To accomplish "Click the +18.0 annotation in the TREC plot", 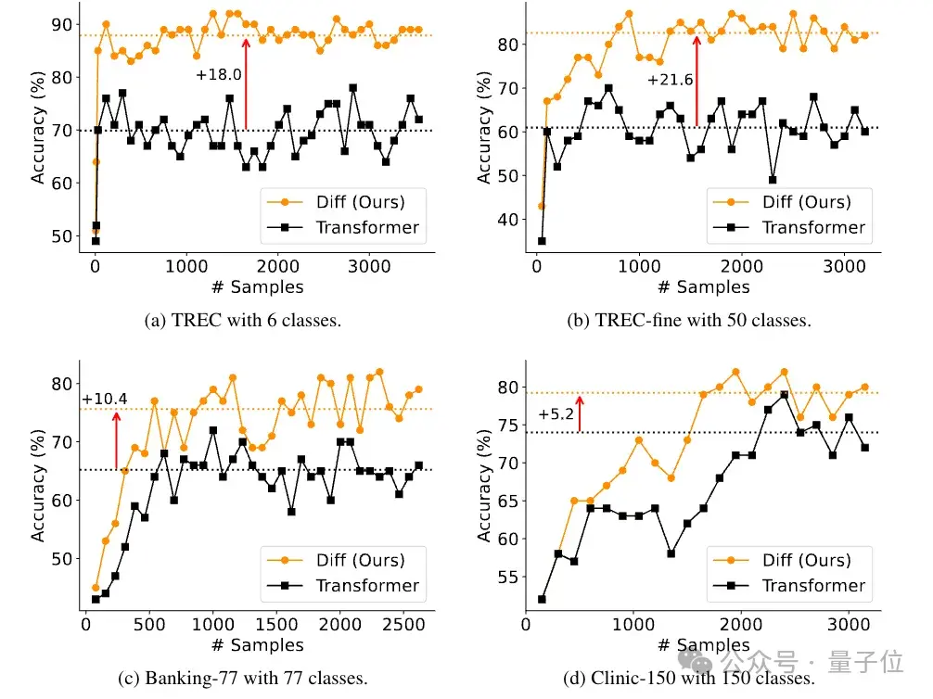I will (x=219, y=74).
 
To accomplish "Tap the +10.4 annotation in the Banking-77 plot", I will (x=104, y=400).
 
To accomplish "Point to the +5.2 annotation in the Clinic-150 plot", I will (x=556, y=415).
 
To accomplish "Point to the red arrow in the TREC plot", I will (x=246, y=83).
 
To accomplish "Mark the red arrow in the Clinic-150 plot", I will (x=580, y=413).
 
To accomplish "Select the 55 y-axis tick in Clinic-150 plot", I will (x=507, y=578).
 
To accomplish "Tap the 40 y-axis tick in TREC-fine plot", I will (x=507, y=220).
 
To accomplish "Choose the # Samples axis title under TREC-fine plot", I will (x=699, y=286).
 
